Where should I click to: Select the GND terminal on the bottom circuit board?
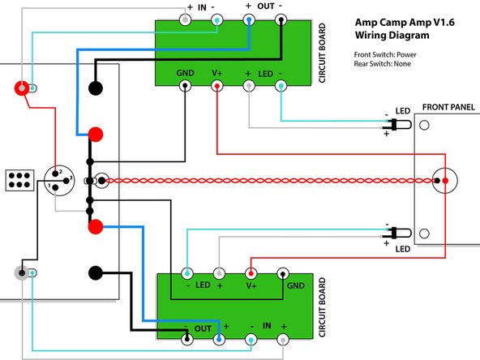pyautogui.click(x=283, y=273)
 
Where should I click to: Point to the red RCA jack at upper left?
pyautogui.click(x=24, y=87)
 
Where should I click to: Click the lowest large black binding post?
pyautogui.click(x=96, y=274)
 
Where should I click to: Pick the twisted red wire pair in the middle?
pyautogui.click(x=268, y=180)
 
